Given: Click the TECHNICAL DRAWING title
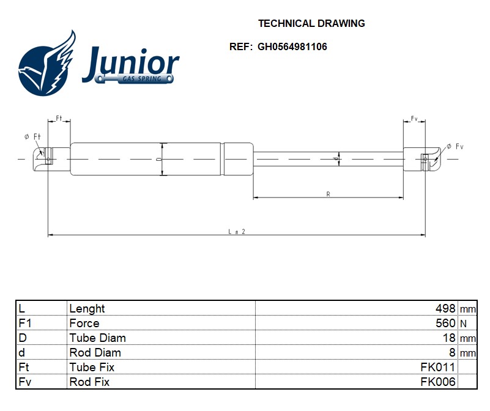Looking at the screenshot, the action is (x=311, y=23).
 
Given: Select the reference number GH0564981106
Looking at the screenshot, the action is (x=292, y=47).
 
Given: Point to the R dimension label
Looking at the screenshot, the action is (x=328, y=194).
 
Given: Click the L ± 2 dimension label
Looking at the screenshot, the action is (x=237, y=232).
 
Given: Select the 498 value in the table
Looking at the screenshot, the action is (x=445, y=308).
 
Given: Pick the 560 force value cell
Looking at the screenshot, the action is (x=445, y=323).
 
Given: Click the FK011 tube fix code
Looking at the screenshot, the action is (x=438, y=367).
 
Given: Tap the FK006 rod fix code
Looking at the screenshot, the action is (x=438, y=382).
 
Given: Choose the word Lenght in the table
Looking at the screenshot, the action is (x=87, y=309).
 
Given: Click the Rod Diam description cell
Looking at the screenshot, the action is (x=95, y=352).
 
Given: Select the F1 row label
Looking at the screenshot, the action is (x=25, y=323).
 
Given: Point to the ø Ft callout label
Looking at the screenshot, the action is (x=32, y=136).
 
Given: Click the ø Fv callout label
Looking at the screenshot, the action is (x=455, y=146).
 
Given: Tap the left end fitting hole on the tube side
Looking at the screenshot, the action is (x=48, y=160).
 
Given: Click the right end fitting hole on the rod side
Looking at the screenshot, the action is (x=425, y=160).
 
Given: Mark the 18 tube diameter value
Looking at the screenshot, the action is (x=449, y=338).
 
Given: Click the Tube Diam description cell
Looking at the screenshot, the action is (x=97, y=338).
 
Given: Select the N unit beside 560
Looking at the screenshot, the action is (x=463, y=324).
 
